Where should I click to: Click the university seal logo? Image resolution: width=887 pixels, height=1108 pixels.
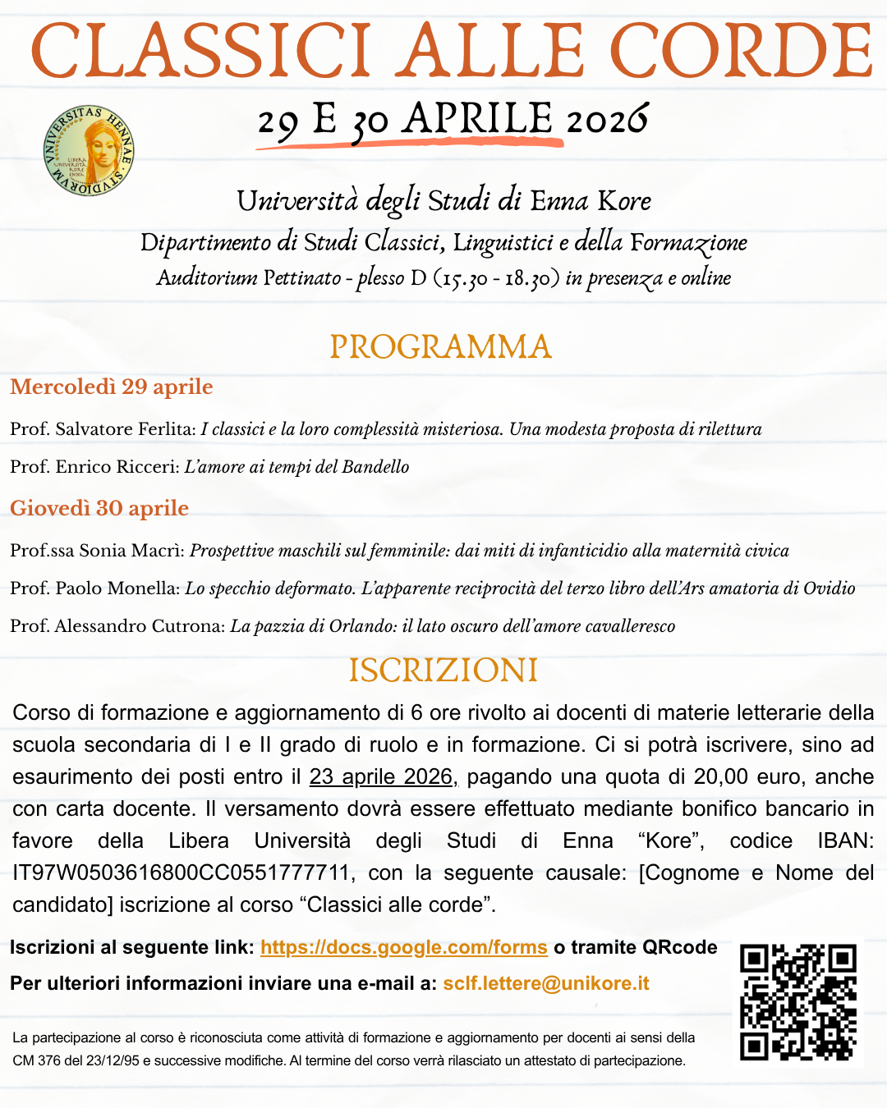89,151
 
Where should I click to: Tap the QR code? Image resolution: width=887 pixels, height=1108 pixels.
798,1001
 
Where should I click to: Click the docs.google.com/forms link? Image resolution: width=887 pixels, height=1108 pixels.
403,947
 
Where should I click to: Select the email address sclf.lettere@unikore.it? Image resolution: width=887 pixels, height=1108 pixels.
546,983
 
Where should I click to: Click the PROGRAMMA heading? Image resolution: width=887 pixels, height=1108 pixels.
440,346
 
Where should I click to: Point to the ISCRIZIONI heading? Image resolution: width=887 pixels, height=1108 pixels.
443,671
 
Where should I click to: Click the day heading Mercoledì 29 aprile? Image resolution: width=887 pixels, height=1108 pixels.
112,387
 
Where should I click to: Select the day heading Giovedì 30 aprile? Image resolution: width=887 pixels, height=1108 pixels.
99,508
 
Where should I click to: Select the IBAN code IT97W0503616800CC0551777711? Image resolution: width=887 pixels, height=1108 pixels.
182,872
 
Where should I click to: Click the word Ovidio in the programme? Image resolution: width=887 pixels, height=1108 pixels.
829,588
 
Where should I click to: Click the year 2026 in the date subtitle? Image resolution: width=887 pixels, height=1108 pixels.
607,121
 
